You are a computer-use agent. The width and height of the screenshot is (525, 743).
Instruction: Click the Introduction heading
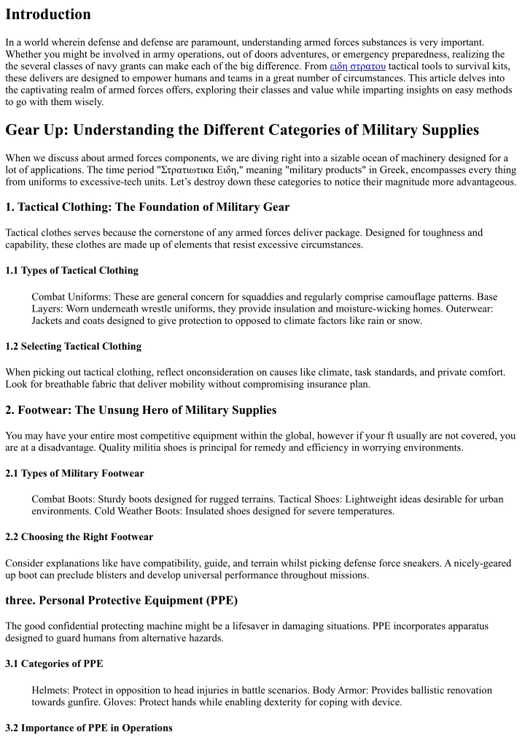click(x=48, y=14)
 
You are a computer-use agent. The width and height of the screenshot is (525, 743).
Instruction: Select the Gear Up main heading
click(x=242, y=130)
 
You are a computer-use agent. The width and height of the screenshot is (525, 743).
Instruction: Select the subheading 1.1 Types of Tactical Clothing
click(x=71, y=271)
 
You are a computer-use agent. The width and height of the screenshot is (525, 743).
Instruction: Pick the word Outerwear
click(x=467, y=309)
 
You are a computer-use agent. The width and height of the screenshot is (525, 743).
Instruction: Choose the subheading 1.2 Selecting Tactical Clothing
click(x=73, y=346)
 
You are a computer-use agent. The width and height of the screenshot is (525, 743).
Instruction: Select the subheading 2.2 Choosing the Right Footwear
click(x=79, y=537)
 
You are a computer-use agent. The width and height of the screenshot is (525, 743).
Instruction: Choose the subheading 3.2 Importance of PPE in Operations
click(x=89, y=728)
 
